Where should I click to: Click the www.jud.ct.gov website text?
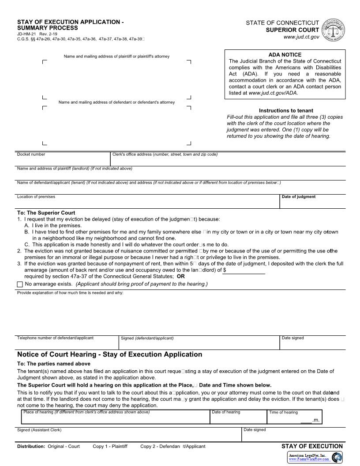tap(301, 37)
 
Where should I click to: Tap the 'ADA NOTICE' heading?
tap(285, 55)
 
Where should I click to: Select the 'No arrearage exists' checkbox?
tap(20, 284)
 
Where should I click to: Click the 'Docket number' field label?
tap(31, 154)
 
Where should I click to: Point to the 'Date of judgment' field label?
tap(299, 197)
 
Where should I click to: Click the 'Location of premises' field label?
tap(36, 197)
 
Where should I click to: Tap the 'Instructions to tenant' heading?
tap(286, 111)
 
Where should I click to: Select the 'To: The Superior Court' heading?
tap(46, 213)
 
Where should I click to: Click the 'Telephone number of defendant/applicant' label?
tap(55, 338)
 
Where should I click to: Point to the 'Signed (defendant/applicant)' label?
tap(147, 338)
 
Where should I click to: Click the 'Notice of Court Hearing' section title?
tap(109, 354)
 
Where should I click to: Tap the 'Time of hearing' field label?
tap(283, 412)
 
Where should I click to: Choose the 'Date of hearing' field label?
tap(226, 412)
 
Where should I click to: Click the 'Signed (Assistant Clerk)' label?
tap(39, 430)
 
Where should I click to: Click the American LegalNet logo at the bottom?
tap(315, 457)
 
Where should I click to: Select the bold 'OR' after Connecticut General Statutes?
tap(181, 276)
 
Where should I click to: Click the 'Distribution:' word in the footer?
tap(31, 446)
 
